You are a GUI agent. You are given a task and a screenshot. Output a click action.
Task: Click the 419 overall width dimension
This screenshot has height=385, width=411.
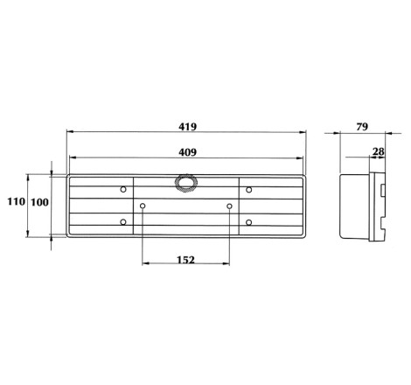pyautogui.click(x=188, y=127)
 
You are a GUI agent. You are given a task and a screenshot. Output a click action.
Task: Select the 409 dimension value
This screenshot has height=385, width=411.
pyautogui.click(x=188, y=152)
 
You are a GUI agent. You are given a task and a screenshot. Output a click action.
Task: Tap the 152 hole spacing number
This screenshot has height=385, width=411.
pyautogui.click(x=185, y=260)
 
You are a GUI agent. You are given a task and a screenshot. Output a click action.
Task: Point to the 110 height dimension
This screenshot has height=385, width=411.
pyautogui.click(x=17, y=201)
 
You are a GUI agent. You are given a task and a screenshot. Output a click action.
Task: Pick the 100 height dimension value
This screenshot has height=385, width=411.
pyautogui.click(x=39, y=202)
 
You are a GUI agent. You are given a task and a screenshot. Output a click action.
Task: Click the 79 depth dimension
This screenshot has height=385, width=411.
pyautogui.click(x=362, y=127)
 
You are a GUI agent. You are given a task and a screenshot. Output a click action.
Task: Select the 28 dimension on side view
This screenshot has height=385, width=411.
pyautogui.click(x=379, y=151)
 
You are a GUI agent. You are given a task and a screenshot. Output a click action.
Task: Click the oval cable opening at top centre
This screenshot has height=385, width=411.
pyautogui.click(x=186, y=184)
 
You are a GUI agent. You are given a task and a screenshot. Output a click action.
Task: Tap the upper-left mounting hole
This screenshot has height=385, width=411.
pyautogui.click(x=123, y=190)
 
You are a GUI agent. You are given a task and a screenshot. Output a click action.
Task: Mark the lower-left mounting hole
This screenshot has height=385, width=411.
pyautogui.click(x=123, y=222)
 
